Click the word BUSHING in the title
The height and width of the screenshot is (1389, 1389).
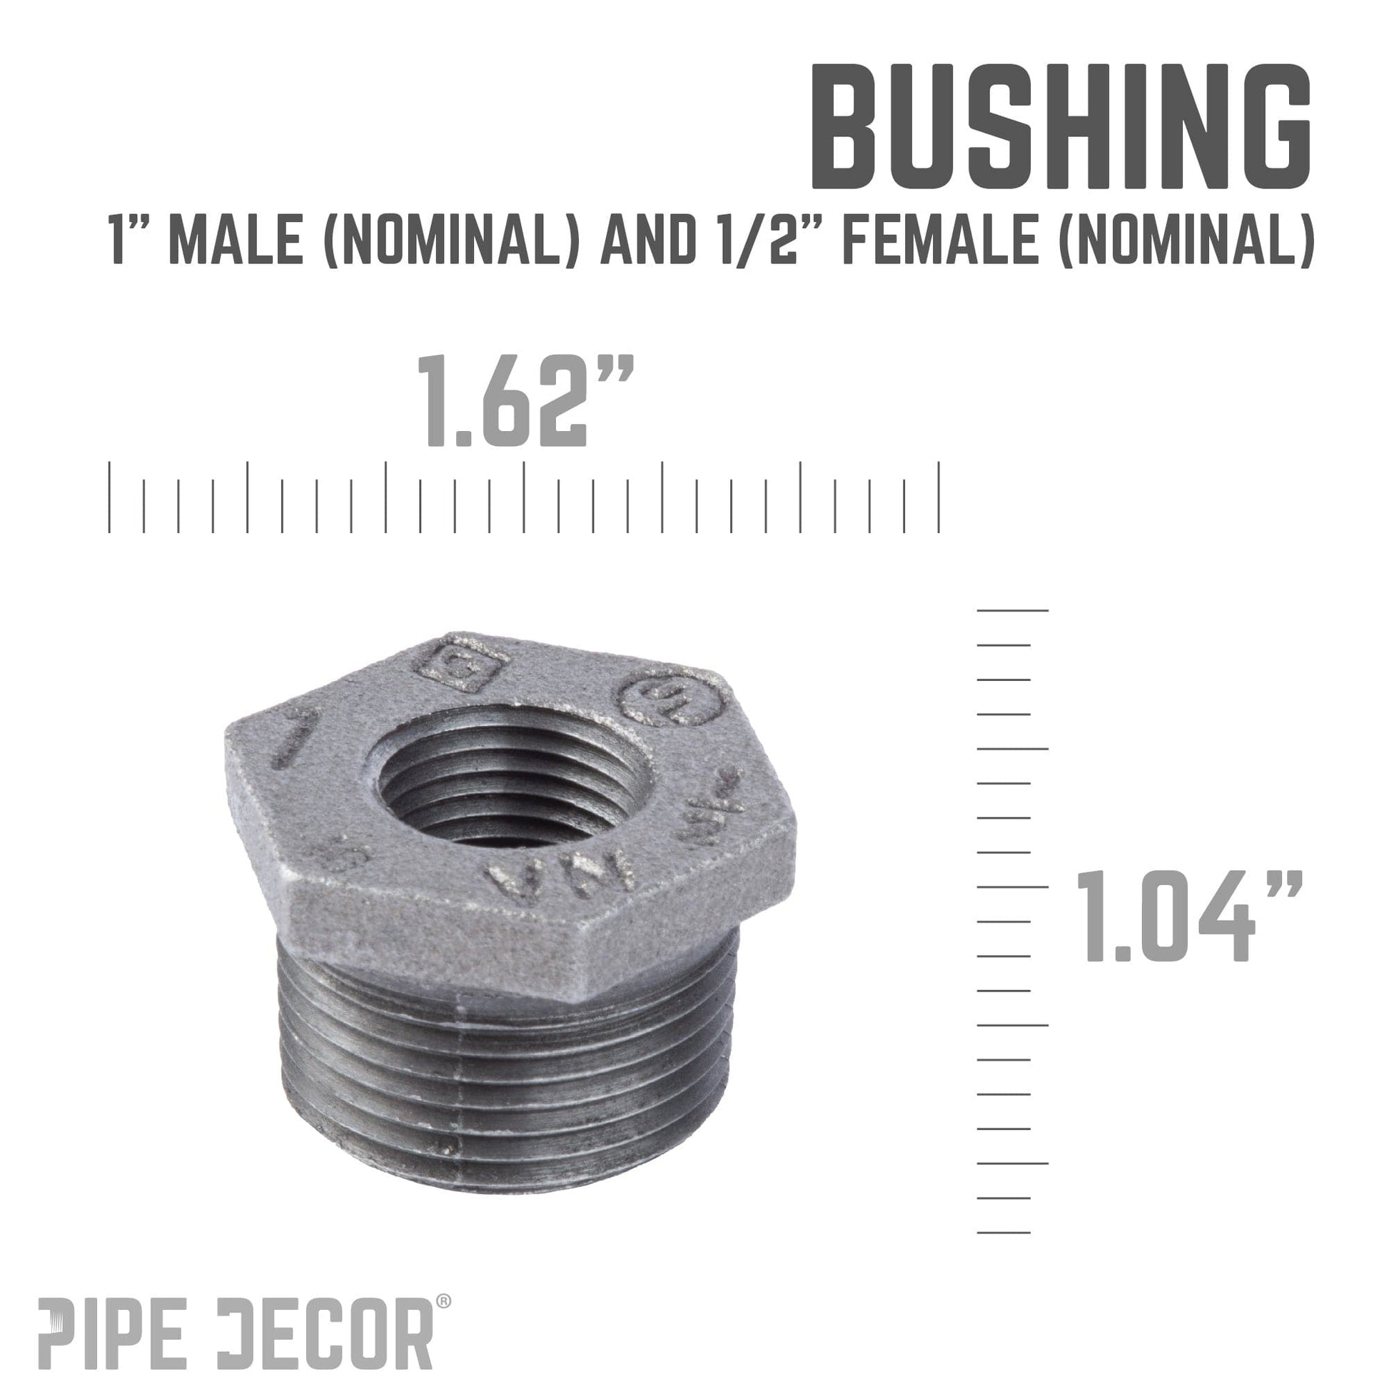tap(1061, 127)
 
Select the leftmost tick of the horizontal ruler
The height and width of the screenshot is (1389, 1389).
tap(109, 497)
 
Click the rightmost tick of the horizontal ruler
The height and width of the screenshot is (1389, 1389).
tap(939, 497)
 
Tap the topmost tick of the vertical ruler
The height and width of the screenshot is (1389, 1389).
tap(1012, 610)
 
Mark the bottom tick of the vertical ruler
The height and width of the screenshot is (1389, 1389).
tap(1004, 1232)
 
